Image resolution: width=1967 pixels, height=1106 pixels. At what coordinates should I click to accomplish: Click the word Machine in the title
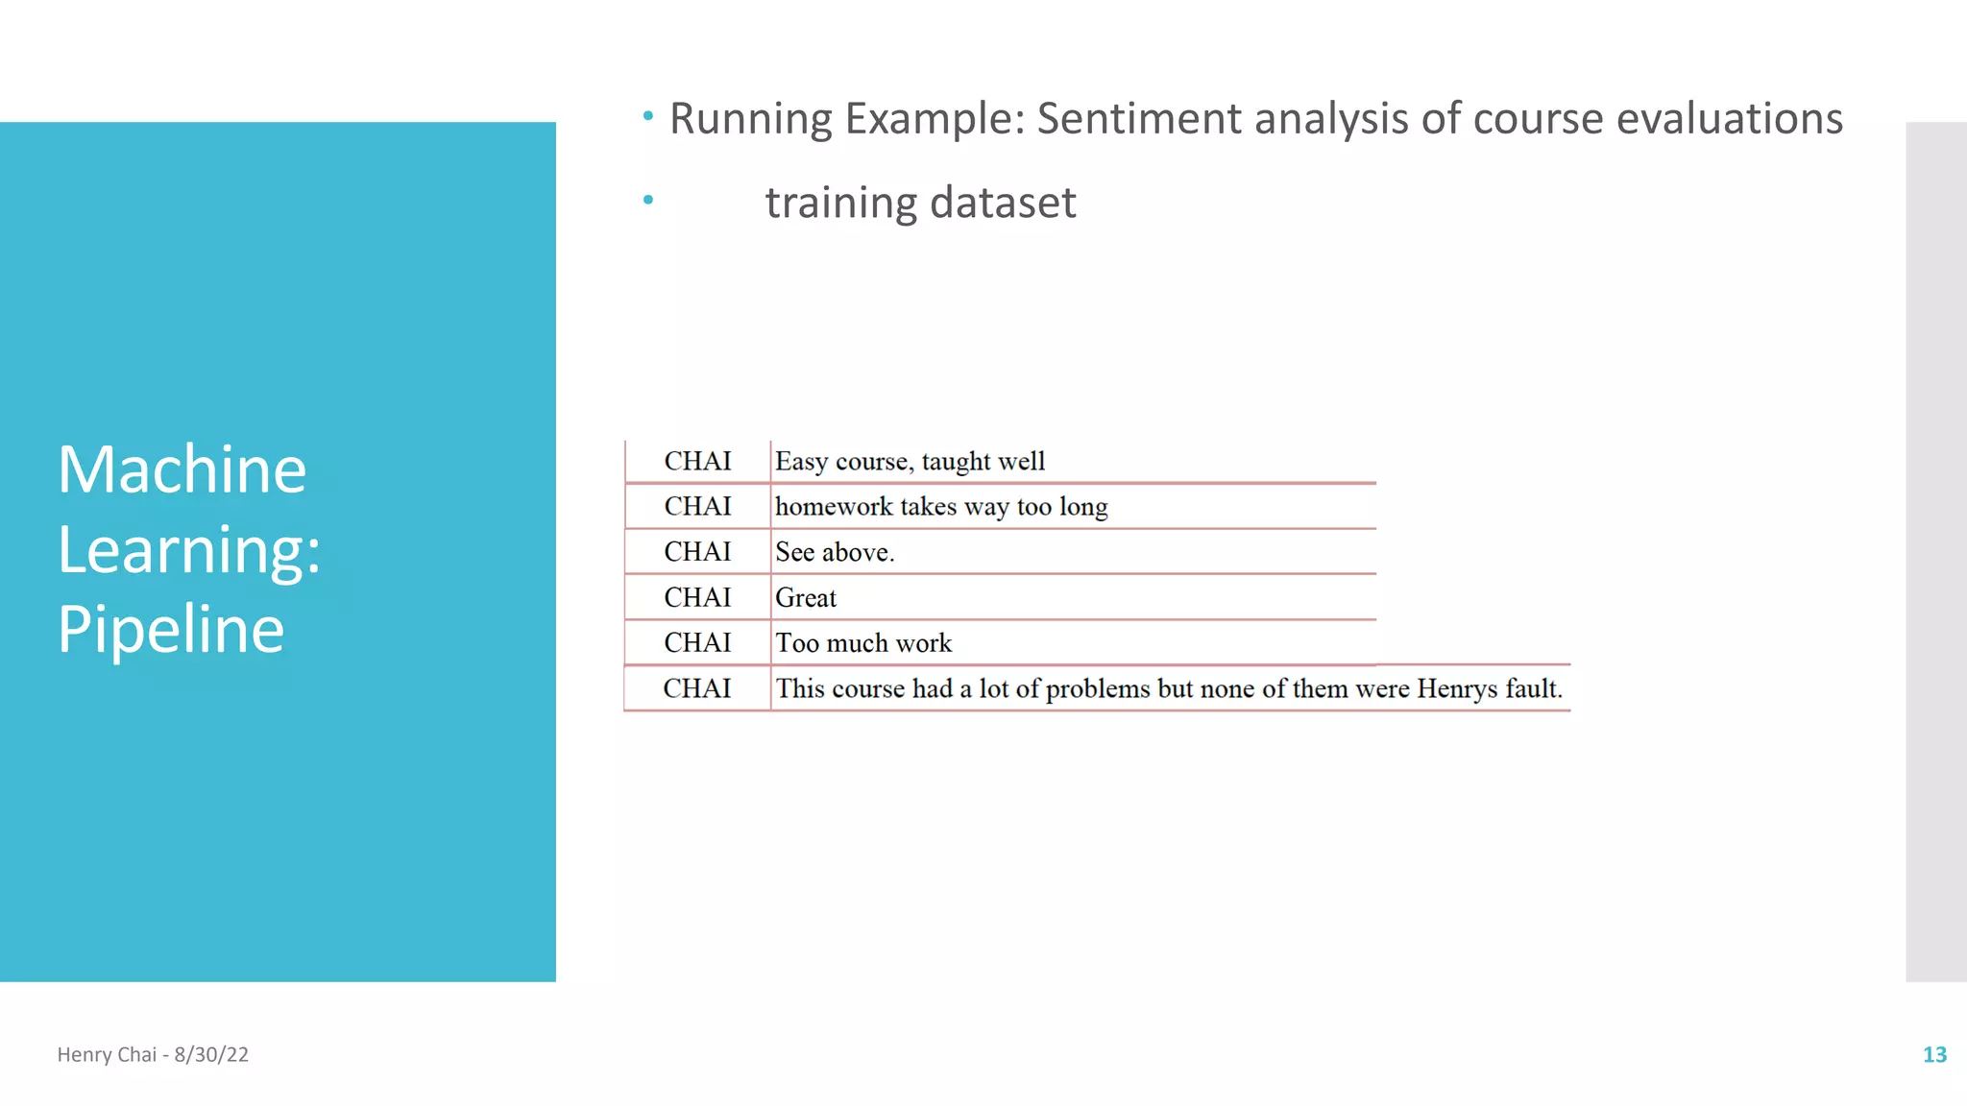[182, 470]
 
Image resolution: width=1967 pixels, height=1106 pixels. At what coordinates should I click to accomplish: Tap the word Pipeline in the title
[171, 630]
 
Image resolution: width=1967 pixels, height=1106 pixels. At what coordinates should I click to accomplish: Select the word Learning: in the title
[189, 550]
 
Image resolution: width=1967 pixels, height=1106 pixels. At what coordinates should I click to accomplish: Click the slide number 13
[1933, 1054]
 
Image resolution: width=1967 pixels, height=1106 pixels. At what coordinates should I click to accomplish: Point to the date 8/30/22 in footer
[211, 1054]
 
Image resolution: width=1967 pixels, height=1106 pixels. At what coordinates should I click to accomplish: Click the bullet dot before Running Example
[648, 117]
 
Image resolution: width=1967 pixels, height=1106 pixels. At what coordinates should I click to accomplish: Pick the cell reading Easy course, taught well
[910, 462]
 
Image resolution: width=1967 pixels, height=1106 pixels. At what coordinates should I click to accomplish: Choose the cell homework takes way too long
[941, 507]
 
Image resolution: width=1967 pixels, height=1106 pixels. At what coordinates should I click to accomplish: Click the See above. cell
[835, 552]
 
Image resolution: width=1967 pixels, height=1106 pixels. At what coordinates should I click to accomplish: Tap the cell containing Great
[806, 598]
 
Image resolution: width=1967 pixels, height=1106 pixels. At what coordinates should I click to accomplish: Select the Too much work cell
[863, 643]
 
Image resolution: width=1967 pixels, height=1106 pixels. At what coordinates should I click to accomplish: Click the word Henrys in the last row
[1457, 688]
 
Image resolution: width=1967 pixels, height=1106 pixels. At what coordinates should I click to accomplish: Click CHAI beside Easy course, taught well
[698, 462]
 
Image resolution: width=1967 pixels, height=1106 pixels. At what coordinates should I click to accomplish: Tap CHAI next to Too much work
[698, 643]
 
